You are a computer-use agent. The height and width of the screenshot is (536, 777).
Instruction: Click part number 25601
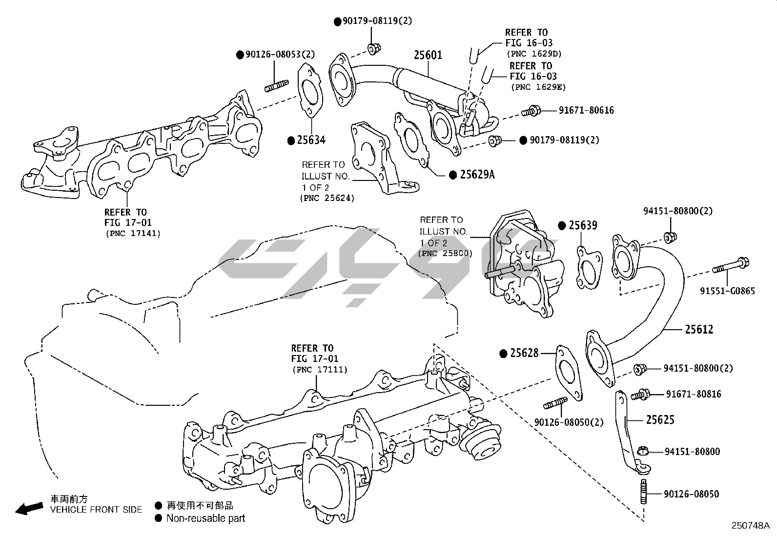(428, 55)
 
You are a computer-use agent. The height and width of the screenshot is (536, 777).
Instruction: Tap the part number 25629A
(477, 174)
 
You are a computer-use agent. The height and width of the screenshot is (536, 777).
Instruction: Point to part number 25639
(583, 225)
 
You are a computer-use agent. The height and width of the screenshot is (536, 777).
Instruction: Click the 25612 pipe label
(699, 329)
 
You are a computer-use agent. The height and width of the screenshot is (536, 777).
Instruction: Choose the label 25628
(524, 353)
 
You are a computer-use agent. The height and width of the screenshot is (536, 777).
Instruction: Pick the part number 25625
(660, 419)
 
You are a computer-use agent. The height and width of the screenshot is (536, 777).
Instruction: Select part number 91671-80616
(587, 111)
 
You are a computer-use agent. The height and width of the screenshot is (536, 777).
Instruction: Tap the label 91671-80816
(694, 394)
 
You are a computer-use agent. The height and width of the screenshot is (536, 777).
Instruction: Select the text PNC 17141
(133, 233)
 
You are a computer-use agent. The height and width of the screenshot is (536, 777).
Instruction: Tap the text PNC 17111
(320, 370)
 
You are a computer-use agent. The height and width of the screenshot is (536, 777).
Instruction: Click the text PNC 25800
(445, 254)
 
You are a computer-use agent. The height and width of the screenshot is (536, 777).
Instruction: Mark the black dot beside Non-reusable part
(158, 518)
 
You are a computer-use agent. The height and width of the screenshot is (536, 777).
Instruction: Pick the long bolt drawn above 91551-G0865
(731, 266)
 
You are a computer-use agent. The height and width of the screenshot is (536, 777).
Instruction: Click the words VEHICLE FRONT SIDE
(97, 510)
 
